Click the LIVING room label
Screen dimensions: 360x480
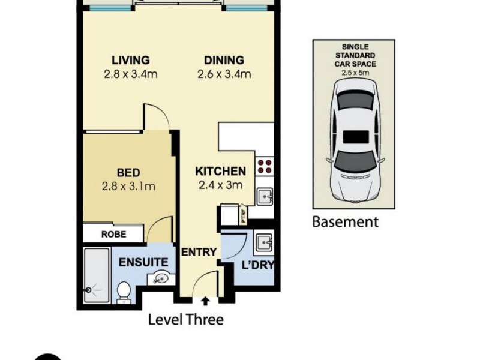130,60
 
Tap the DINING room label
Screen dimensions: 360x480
224,60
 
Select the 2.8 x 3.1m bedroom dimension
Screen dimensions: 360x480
129,186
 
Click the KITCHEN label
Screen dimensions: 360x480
221,171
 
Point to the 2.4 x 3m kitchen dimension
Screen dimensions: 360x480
220,185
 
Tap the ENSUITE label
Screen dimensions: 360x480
143,262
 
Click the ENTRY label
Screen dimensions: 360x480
198,252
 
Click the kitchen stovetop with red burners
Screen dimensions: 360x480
265,165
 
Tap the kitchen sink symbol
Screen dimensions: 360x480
265,195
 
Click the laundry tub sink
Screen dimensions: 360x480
264,244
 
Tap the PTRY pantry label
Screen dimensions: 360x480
243,214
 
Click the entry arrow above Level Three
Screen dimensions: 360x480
206,302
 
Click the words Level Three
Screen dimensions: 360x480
185,320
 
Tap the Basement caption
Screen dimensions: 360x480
346,222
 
